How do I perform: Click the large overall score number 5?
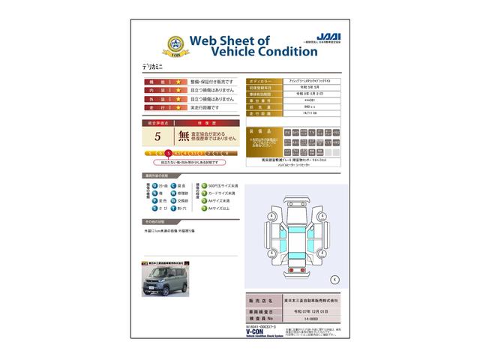[x=157, y=136]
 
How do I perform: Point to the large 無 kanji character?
[x=184, y=136]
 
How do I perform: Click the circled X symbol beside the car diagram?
[x=334, y=279]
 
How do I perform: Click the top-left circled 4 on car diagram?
[x=269, y=217]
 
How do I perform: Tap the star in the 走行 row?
[x=178, y=107]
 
